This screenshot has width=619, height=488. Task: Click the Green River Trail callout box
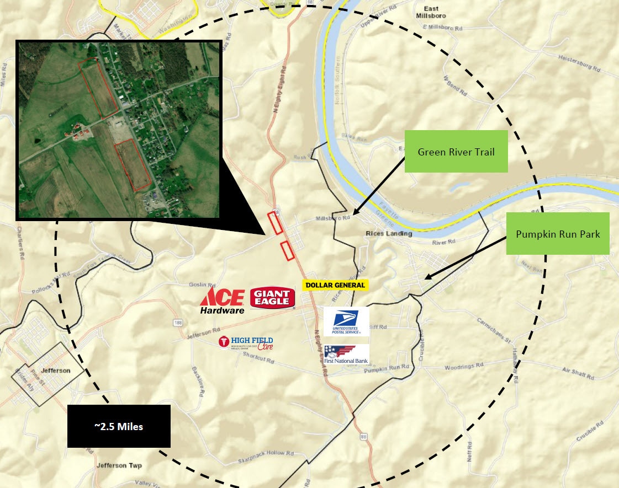pos(456,152)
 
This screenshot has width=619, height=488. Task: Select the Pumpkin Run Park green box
pos(558,233)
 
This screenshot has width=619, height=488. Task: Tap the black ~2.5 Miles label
pos(119,426)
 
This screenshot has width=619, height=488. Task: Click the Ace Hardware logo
pos(222,301)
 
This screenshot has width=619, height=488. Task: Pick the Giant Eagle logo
pos(272,298)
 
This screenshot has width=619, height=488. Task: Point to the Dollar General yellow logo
pos(335,285)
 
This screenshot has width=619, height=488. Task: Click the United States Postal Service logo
pos(346,322)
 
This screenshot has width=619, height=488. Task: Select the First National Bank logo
pos(346,355)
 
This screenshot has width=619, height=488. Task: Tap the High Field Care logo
pos(246,343)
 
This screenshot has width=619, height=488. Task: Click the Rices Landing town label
pos(389,234)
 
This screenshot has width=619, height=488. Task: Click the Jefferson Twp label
pos(119,465)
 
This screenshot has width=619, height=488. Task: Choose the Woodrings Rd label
pos(464,366)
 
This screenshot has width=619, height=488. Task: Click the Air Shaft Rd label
pos(578,374)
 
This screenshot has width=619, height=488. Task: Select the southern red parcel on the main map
pos(287,251)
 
